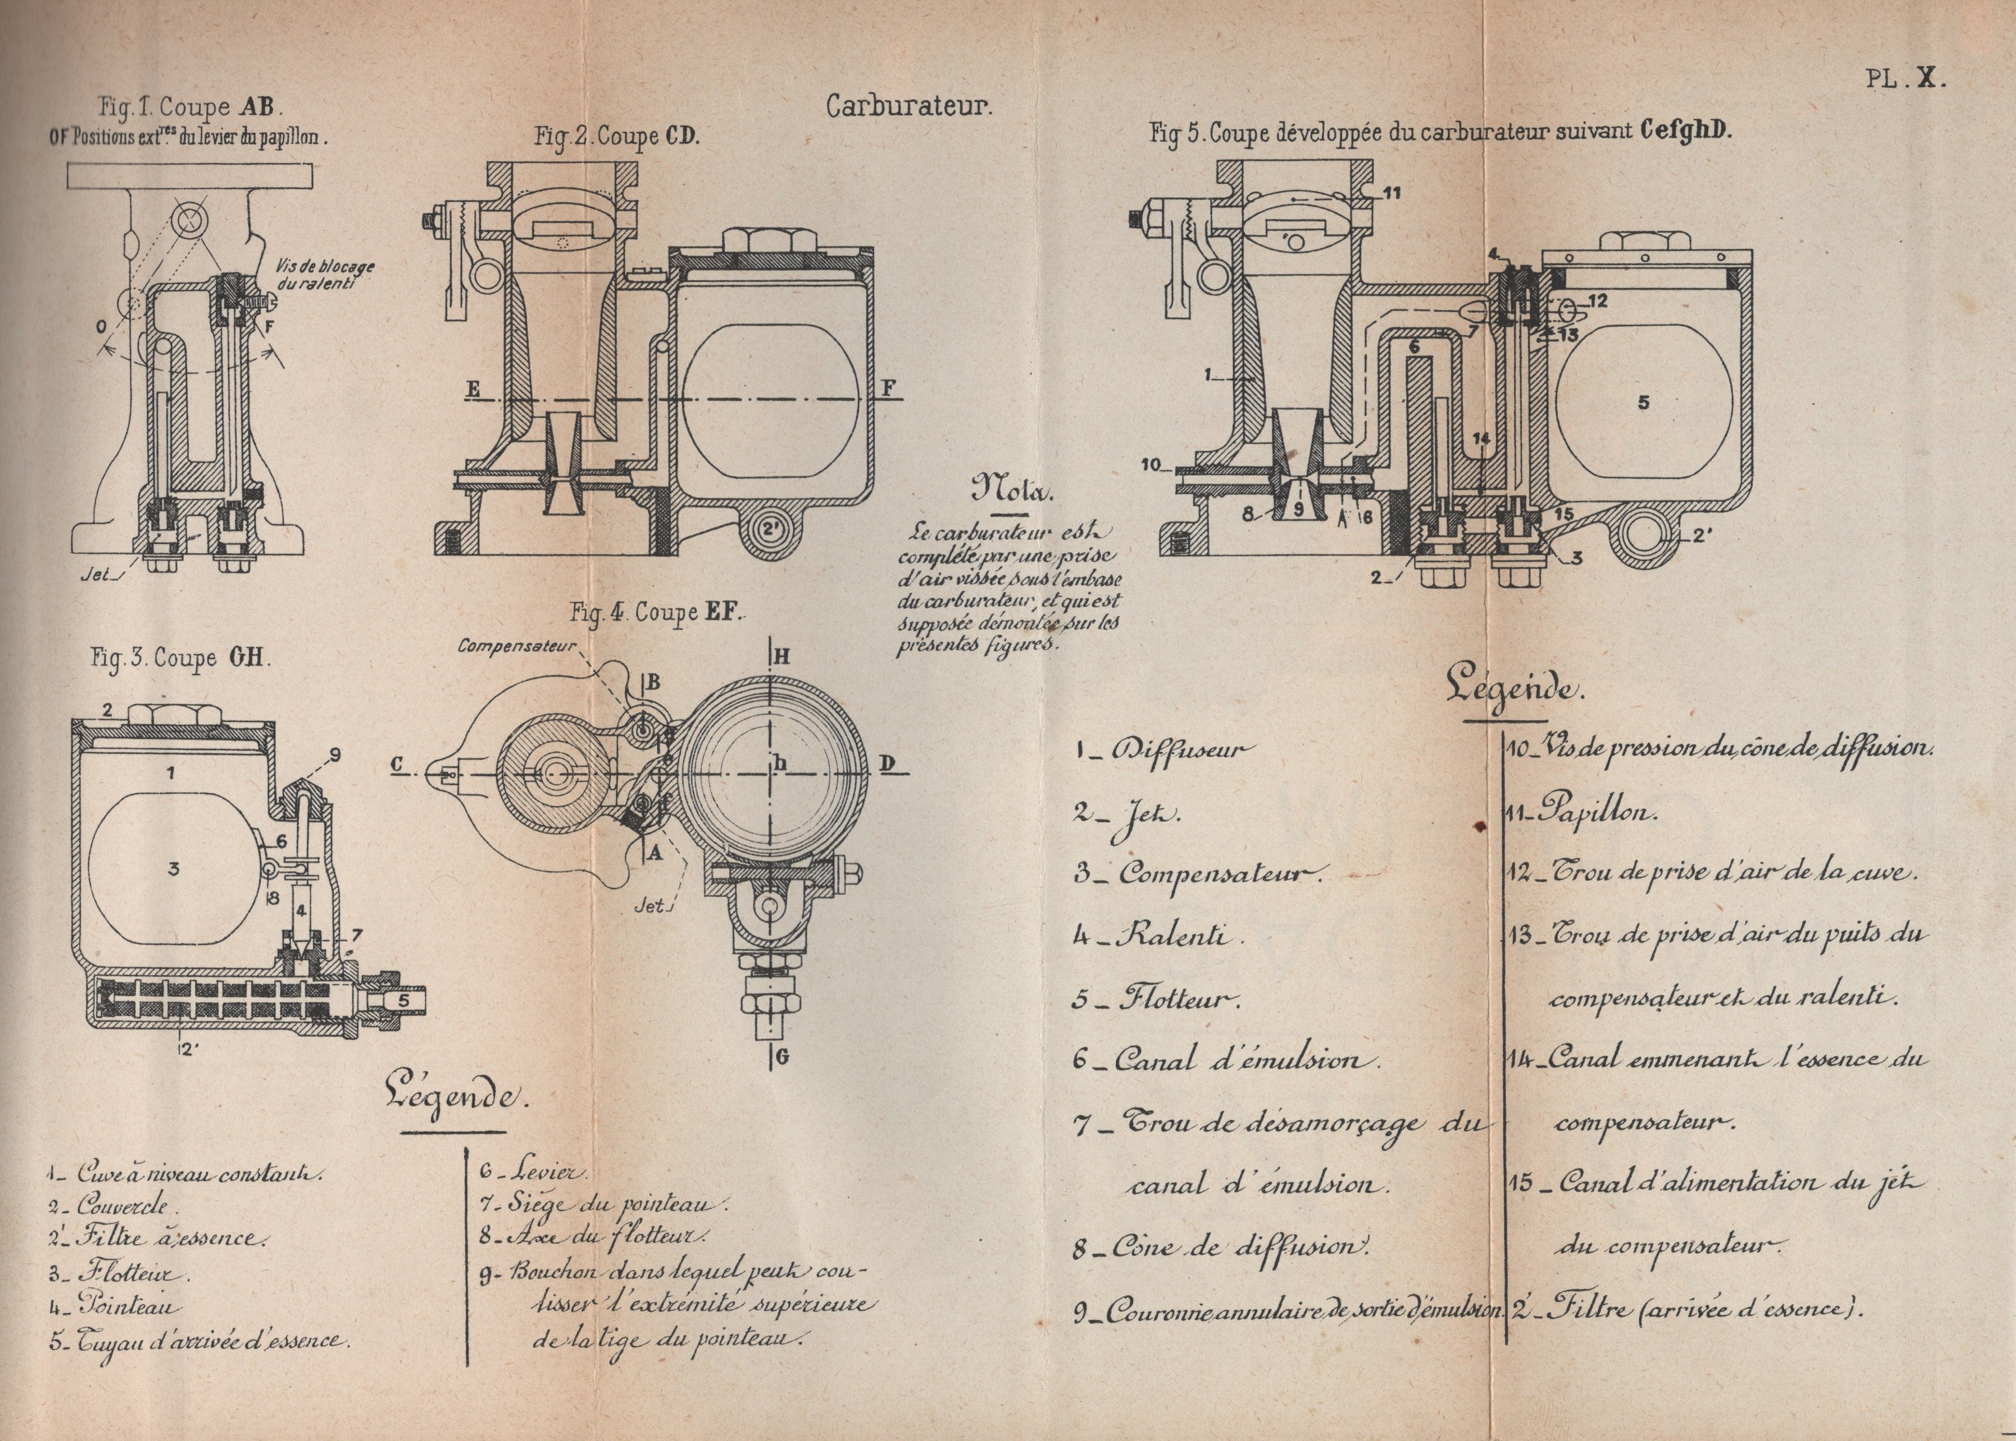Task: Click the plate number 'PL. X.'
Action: pyautogui.click(x=1904, y=78)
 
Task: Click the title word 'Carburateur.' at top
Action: pyautogui.click(x=909, y=107)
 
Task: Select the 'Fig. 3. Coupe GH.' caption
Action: pyautogui.click(x=180, y=658)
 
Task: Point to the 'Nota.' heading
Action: pyautogui.click(x=1011, y=488)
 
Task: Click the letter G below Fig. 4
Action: pyautogui.click(x=781, y=1057)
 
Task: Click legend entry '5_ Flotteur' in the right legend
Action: pyautogui.click(x=1156, y=997)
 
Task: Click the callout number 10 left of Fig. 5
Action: pyautogui.click(x=1152, y=465)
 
